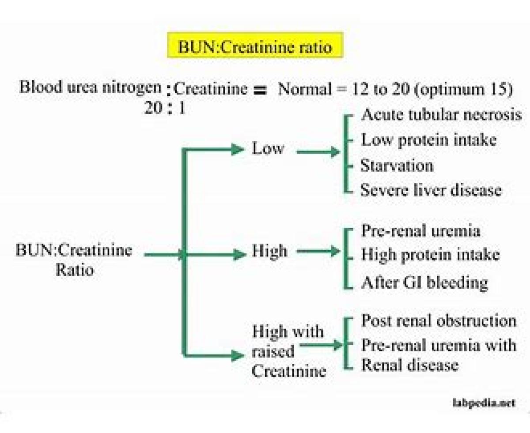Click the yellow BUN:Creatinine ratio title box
255,45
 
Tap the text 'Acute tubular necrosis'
442,115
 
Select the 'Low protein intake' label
429,140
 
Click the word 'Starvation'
397,166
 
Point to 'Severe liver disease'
431,190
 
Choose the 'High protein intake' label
430,255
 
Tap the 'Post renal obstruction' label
439,321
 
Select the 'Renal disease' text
410,365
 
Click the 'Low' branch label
268,148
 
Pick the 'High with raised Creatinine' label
289,351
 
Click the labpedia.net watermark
484,403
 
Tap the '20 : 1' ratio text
165,108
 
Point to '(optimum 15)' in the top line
464,90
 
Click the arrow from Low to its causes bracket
318,152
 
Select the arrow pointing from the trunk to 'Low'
214,150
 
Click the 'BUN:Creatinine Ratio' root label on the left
74,260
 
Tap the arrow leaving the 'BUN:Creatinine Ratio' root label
164,255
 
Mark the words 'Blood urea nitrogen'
91,87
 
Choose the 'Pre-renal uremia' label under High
420,230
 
